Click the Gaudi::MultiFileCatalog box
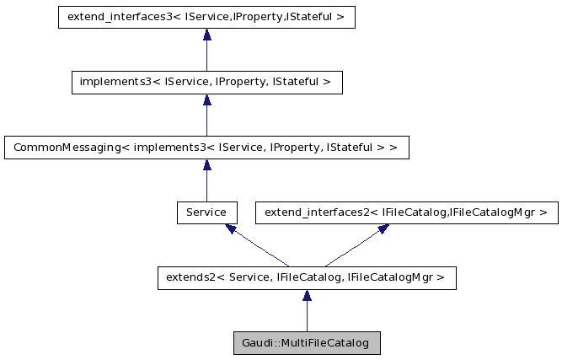tap(307, 344)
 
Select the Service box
tap(206, 212)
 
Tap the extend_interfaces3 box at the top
tap(206, 17)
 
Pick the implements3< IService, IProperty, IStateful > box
tap(206, 82)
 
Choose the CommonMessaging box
tap(206, 148)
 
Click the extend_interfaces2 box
tap(406, 212)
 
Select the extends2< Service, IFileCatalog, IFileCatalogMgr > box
tap(307, 278)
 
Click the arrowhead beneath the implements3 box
tap(206, 100)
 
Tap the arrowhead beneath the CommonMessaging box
tap(206, 165)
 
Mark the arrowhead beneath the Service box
tap(230, 228)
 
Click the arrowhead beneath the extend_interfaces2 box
tap(383, 228)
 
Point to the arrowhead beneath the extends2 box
tap(307, 296)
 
